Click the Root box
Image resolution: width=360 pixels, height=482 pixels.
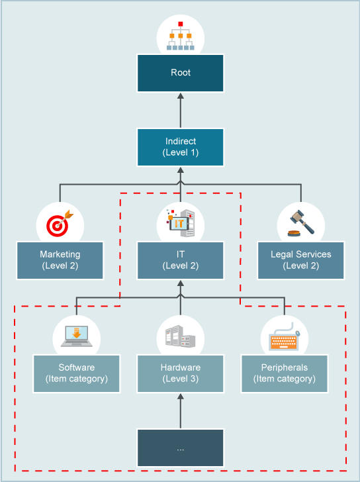pos(180,73)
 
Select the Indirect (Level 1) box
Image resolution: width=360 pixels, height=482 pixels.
pos(180,147)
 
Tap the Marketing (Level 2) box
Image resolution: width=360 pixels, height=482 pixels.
pos(60,260)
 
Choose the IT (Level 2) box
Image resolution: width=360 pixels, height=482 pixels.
pos(180,260)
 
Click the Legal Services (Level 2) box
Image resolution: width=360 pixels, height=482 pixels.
pos(300,260)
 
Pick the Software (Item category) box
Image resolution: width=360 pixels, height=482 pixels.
pos(77,373)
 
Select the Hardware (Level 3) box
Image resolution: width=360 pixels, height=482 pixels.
pos(180,373)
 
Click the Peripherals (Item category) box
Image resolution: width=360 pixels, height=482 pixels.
pos(284,373)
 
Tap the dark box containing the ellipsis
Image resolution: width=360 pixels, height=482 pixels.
pos(180,448)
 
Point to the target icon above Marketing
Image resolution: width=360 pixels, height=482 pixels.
pos(60,224)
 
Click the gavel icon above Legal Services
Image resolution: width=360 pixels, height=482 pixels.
pos(300,224)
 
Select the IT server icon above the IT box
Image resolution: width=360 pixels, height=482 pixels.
pos(180,224)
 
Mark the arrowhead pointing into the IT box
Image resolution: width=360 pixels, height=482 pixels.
pos(180,285)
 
